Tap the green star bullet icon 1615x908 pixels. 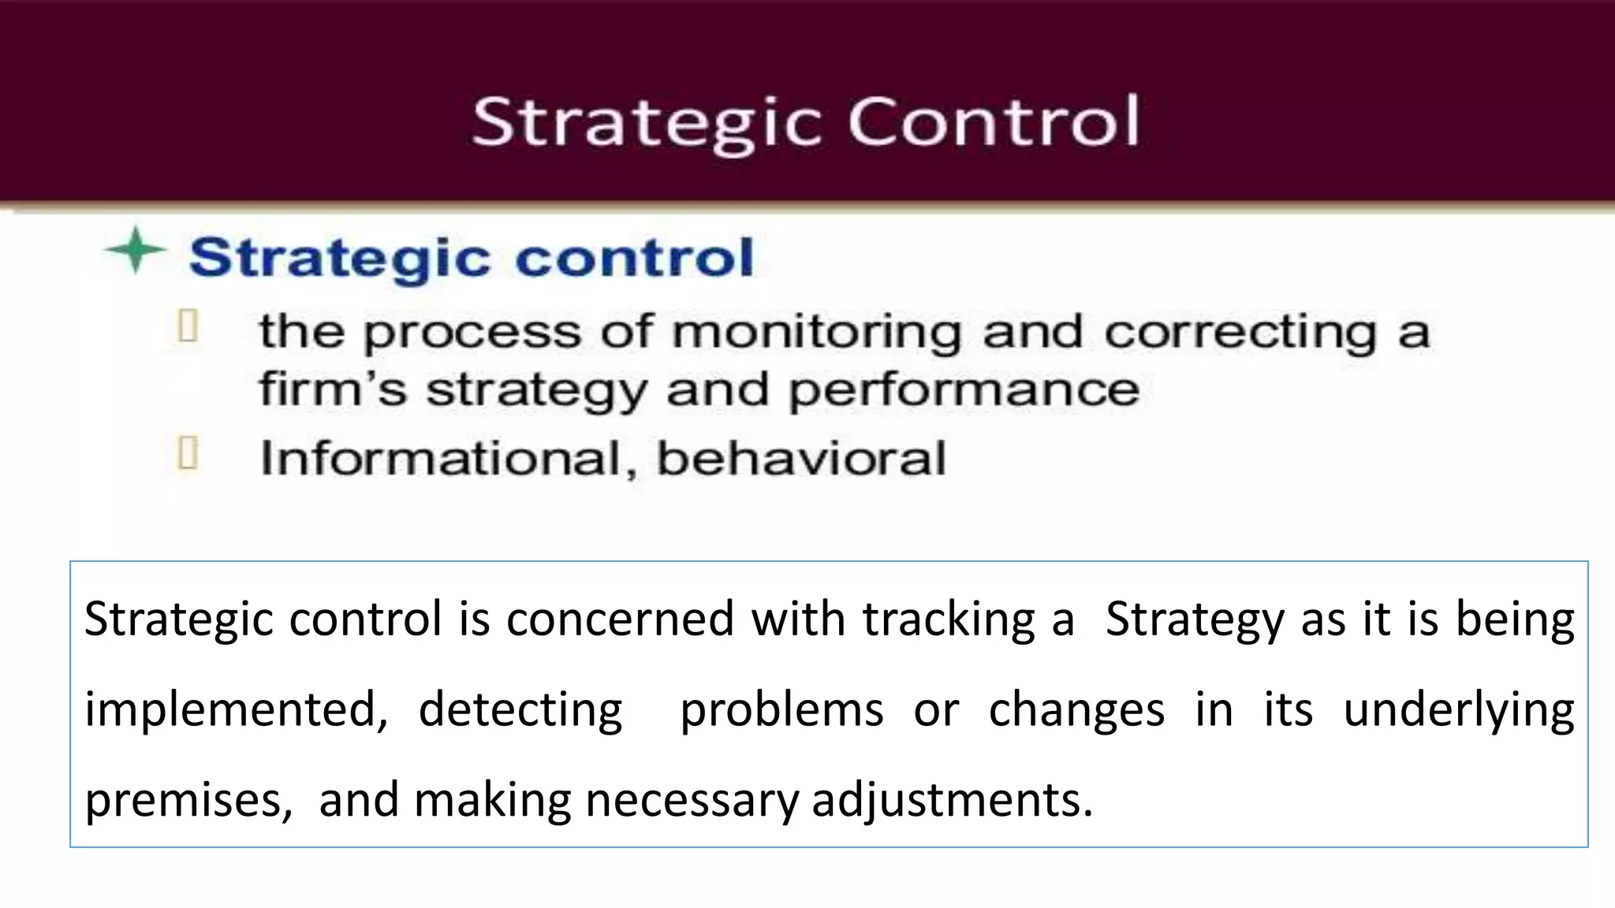135,251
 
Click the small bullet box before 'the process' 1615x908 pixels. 188,326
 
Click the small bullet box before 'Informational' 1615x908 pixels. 188,453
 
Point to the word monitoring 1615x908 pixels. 816,332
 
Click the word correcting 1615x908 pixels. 1240,332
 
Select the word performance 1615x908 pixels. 964,390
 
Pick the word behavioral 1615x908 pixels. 800,458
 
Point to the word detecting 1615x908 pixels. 520,709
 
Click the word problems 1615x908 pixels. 781,709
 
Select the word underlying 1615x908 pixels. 1458,709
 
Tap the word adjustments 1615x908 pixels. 952,800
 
